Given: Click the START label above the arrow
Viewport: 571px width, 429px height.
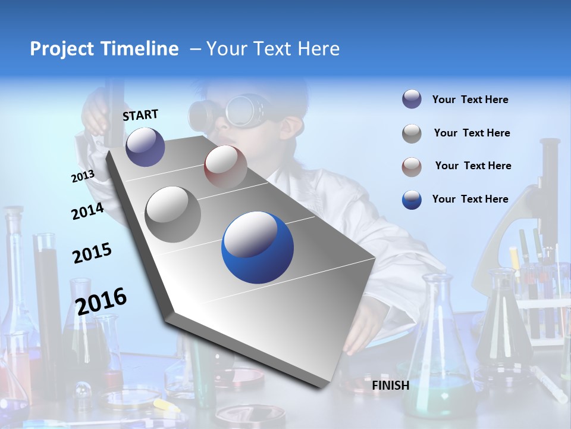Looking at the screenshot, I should coord(140,115).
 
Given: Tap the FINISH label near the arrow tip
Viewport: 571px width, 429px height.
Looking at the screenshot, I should coord(391,386).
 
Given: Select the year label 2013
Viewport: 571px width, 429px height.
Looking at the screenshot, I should coord(83,176).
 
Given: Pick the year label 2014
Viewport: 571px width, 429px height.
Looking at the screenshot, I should coord(87,212).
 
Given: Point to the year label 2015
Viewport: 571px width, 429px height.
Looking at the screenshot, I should coord(92,253).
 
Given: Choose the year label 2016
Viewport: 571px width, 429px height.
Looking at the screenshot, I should coord(101,301).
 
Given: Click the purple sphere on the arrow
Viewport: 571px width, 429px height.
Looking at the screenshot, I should coord(145,147).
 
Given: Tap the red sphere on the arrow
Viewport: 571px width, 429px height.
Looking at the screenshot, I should coord(225,167).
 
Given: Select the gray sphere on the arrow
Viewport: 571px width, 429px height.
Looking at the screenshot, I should coord(173,214).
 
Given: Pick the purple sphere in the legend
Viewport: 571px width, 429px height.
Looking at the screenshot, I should coord(412,100).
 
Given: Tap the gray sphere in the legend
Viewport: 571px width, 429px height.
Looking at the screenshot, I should coord(412,133).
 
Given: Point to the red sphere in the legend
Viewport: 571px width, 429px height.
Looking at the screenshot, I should coord(412,166).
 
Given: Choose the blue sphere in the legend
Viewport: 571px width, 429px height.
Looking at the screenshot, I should coord(412,200).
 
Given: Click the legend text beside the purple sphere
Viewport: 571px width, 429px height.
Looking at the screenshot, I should coord(470,100).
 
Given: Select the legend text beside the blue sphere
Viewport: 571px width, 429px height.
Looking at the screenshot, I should coord(470,199).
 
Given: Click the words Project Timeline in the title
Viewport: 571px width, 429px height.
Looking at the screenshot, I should coord(104,49).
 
